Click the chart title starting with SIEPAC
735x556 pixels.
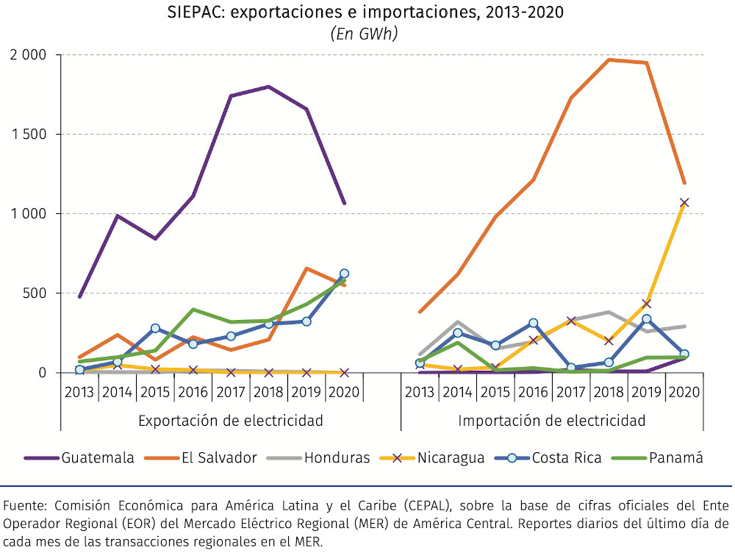pyautogui.click(x=365, y=13)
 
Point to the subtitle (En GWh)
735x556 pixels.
pyautogui.click(x=365, y=34)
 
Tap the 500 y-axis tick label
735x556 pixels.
pyautogui.click(x=35, y=293)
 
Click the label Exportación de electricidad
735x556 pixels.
pyautogui.click(x=231, y=421)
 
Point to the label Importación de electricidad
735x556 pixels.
pyautogui.click(x=551, y=421)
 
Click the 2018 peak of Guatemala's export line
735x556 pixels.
pyautogui.click(x=268, y=87)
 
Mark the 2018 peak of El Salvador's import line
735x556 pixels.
pyautogui.click(x=609, y=60)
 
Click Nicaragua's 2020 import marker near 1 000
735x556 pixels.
pyautogui.click(x=684, y=202)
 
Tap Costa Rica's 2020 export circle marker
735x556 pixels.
pyautogui.click(x=344, y=274)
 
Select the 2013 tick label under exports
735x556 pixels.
pyautogui.click(x=79, y=391)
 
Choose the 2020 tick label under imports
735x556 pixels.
pyautogui.click(x=684, y=391)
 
